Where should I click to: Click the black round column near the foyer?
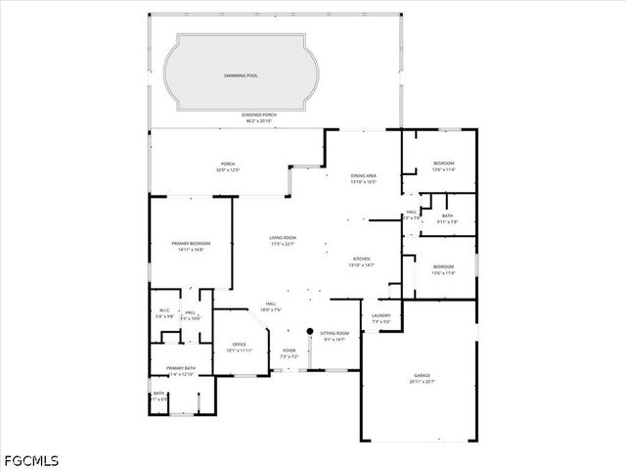pos(309,331)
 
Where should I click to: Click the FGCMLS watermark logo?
pos(30,459)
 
